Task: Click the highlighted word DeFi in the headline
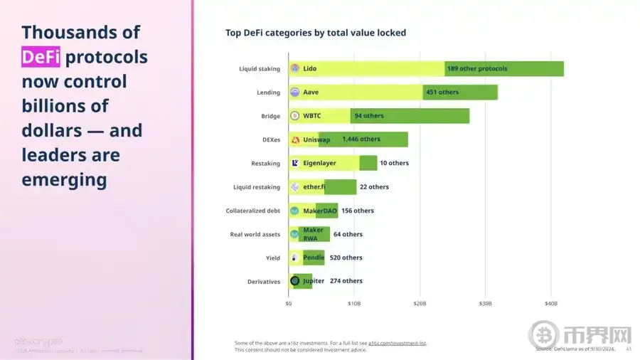[41, 57]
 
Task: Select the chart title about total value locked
[315, 33]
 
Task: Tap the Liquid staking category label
[260, 69]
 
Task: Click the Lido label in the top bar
[310, 69]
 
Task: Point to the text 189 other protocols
[477, 69]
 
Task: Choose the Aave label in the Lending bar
[311, 92]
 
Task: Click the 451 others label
[442, 92]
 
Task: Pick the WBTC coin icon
[294, 116]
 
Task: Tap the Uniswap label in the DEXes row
[316, 139]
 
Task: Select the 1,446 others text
[361, 139]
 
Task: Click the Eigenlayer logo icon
[294, 163]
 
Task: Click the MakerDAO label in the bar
[319, 211]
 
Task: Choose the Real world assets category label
[255, 234]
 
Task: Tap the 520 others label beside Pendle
[346, 258]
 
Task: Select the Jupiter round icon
[294, 281]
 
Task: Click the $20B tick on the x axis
[420, 303]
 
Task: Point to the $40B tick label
[551, 303]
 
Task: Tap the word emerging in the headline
[65, 179]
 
